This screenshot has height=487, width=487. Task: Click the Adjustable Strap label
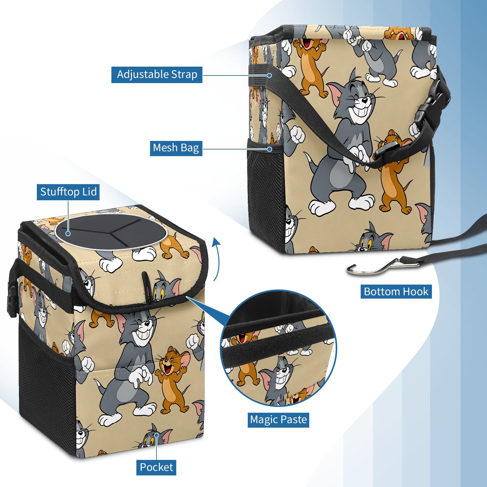pos(157,75)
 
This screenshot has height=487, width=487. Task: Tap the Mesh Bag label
pos(176,148)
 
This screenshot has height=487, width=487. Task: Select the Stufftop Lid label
pos(68,192)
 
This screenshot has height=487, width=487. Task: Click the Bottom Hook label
pos(396,292)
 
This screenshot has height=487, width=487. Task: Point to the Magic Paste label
pos(278,420)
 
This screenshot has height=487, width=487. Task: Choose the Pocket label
pos(156,467)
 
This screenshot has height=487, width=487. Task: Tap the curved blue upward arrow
pos(217,259)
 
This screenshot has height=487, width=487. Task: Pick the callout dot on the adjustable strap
pos(269,75)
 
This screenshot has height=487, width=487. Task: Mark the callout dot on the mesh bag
pos(269,149)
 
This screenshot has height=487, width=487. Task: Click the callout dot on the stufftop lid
pos(68,233)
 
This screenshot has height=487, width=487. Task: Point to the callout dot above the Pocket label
pos(156,435)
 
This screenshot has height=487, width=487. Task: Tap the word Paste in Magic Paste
pos(294,420)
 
